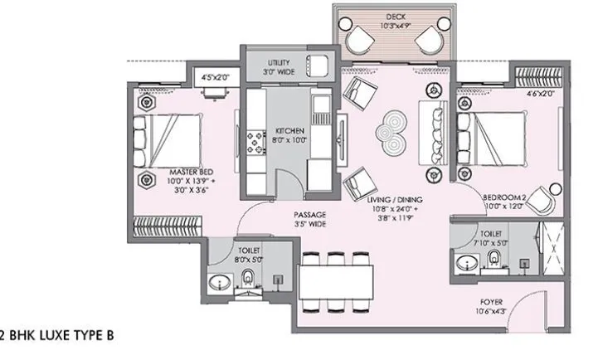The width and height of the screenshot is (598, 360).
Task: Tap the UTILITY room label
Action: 278,63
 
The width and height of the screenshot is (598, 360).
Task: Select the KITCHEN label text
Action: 289,131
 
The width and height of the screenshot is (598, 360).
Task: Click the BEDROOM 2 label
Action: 502,197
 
